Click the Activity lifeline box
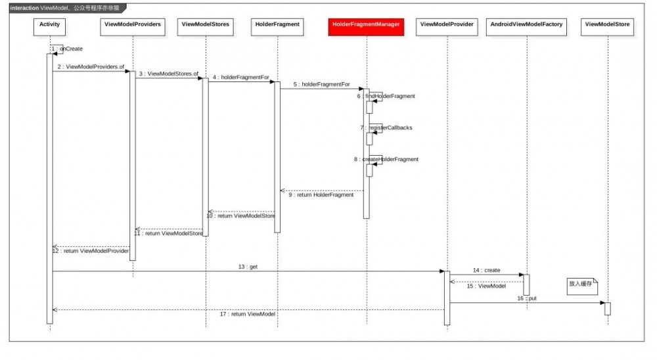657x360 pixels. [49, 24]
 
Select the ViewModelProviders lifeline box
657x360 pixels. [132, 24]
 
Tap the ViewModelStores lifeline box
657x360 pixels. [205, 24]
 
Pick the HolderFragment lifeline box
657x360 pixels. [277, 24]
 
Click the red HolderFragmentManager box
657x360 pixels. [366, 24]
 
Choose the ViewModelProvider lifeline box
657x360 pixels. [447, 24]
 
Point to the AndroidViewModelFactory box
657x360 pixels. [526, 24]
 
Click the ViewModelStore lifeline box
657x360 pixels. [607, 24]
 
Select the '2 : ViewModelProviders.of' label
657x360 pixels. [91, 67]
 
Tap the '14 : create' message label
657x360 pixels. [487, 271]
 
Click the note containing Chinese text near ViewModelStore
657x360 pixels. [581, 284]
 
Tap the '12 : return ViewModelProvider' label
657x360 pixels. [91, 251]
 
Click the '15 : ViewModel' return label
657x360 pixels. [487, 286]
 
